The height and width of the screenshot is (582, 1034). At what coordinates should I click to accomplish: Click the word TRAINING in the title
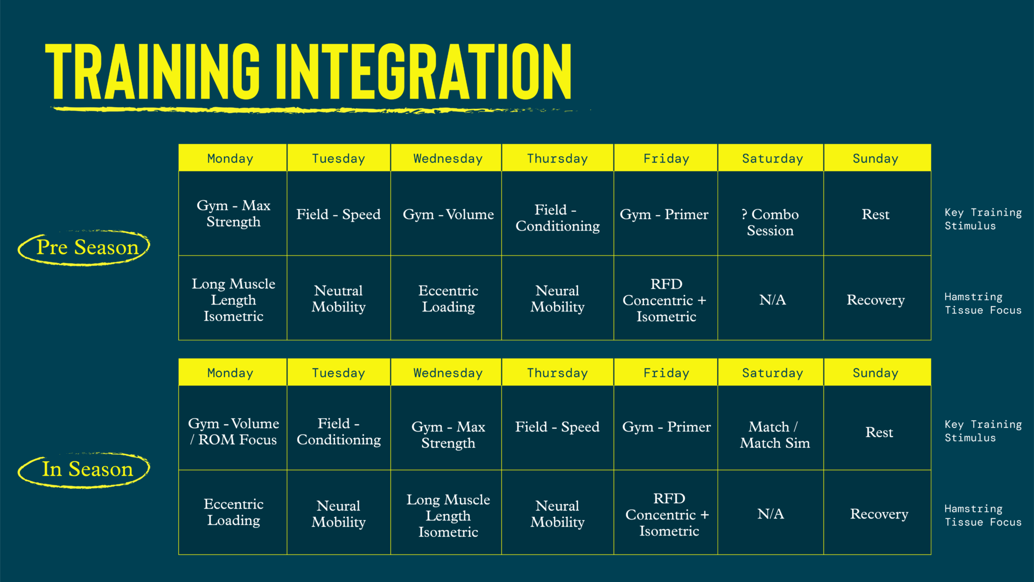[x=152, y=72]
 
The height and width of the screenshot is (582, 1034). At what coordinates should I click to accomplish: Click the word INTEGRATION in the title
[x=423, y=72]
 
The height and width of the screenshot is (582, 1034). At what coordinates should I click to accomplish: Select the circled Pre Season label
[x=84, y=248]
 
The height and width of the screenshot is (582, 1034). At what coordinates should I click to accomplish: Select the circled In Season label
[x=84, y=470]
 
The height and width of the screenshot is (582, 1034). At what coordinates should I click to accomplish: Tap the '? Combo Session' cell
[x=771, y=213]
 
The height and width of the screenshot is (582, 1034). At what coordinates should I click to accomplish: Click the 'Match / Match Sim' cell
[x=771, y=428]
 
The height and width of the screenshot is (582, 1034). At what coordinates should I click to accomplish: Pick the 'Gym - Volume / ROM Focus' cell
[x=233, y=428]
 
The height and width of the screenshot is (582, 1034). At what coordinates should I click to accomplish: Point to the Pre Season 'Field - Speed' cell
[x=339, y=213]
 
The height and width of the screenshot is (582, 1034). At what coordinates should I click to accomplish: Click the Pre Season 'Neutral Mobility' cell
[x=339, y=298]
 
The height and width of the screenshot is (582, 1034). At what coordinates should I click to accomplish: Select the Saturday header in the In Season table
[x=771, y=372]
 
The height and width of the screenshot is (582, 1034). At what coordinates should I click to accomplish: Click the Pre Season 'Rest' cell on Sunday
[x=877, y=213]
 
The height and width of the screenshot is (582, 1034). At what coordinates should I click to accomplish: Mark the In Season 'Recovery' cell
[x=877, y=512]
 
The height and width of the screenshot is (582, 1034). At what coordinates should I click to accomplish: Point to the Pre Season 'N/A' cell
[x=771, y=298]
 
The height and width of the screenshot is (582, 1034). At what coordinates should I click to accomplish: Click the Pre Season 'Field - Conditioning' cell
[x=557, y=213]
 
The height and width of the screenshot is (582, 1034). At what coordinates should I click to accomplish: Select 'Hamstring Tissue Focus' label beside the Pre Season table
[x=983, y=303]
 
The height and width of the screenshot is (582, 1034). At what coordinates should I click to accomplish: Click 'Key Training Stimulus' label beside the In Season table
[x=983, y=431]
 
